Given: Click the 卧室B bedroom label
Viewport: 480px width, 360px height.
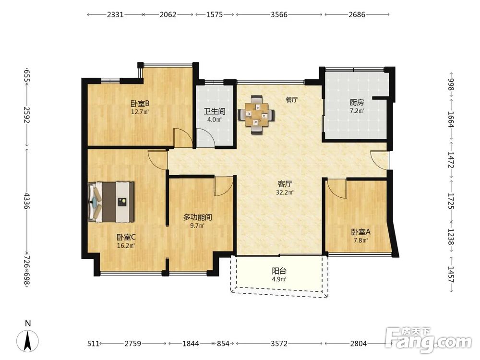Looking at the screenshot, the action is pyautogui.click(x=140, y=103).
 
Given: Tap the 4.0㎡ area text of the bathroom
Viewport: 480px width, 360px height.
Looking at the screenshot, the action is pyautogui.click(x=214, y=120).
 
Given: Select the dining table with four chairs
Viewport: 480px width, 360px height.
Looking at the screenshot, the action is pyautogui.click(x=256, y=115).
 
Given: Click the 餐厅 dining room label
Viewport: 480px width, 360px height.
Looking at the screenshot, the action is pyautogui.click(x=291, y=100).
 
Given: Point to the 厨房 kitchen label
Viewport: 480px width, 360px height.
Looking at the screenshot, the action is pyautogui.click(x=357, y=102).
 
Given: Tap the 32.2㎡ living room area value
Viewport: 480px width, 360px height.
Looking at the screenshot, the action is pyautogui.click(x=285, y=192).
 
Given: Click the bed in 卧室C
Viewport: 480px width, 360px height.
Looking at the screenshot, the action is pyautogui.click(x=111, y=202).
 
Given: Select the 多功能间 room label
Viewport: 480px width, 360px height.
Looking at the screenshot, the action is pyautogui.click(x=197, y=217).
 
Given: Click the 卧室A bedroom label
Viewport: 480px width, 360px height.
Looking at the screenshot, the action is pyautogui.click(x=360, y=232).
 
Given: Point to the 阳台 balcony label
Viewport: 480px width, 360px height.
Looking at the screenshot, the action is pyautogui.click(x=279, y=271).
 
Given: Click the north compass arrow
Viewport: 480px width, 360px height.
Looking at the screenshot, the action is pyautogui.click(x=27, y=341).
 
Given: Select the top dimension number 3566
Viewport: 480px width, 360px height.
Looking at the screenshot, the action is pyautogui.click(x=279, y=14).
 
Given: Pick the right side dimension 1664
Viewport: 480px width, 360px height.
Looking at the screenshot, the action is pyautogui.click(x=451, y=119).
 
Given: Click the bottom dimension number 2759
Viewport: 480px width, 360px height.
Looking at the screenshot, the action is pyautogui.click(x=132, y=344).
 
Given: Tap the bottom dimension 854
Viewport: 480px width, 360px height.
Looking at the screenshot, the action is pyautogui.click(x=223, y=344).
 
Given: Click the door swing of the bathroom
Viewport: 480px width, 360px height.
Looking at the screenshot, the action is pyautogui.click(x=205, y=138).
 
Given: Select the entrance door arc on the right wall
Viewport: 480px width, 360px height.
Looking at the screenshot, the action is pyautogui.click(x=379, y=159).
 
